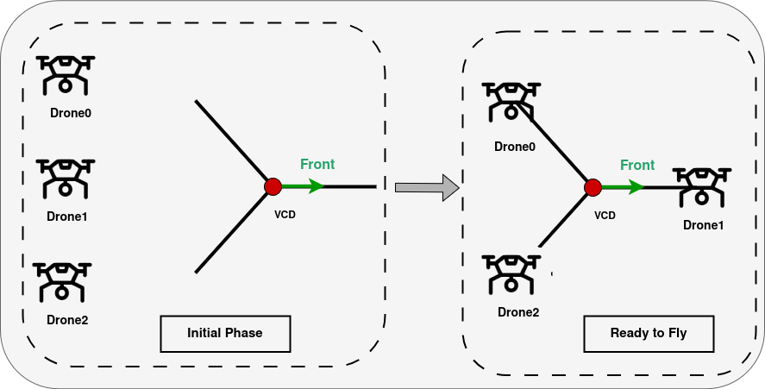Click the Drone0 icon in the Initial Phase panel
(66, 74)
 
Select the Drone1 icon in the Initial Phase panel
(66, 178)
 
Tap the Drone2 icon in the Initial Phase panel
(62, 281)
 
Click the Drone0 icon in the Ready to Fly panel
(511, 100)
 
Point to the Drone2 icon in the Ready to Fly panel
(511, 273)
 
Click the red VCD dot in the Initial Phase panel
(273, 186)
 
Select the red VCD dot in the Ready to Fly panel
(593, 187)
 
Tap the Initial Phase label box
(225, 333)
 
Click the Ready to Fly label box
(648, 333)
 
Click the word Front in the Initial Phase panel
(317, 164)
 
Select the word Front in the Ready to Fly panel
(637, 165)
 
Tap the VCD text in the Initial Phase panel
(284, 214)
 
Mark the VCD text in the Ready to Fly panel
(605, 216)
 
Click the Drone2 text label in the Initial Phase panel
(67, 320)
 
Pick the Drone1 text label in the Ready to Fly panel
(703, 225)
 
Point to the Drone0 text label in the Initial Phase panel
(70, 113)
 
